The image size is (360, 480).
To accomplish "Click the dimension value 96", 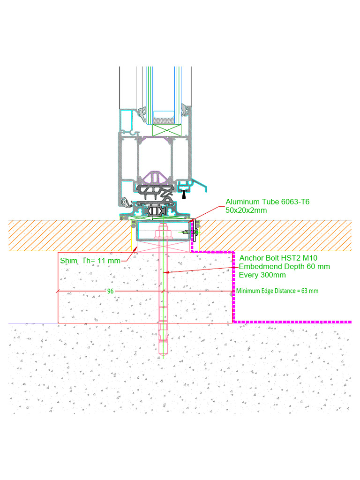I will tap(111, 291).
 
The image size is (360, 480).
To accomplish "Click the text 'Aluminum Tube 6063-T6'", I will tap(268, 202).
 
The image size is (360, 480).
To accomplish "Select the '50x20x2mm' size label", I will tap(247, 210).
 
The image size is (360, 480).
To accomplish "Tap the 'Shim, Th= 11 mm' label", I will tap(90, 261).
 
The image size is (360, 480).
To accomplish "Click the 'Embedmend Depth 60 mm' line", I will tap(285, 267).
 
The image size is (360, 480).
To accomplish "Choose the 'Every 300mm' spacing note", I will tap(262, 275).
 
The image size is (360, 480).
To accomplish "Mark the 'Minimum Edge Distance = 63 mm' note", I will tap(277, 291).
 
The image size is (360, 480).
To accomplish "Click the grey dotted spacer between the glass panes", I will tap(167, 120).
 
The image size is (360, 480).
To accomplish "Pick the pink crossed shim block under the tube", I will tap(163, 247).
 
